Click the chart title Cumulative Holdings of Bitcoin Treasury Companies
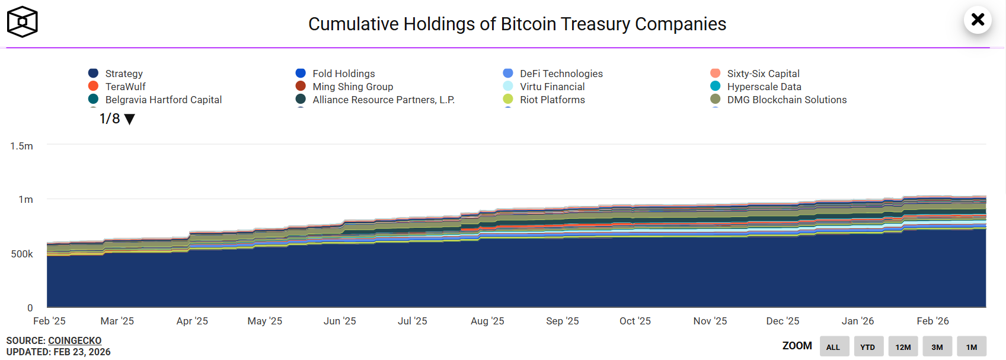pos(517,24)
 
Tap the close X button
pos(978,20)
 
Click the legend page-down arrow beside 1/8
pos(130,119)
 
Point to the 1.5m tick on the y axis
pos(22,146)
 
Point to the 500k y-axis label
pos(22,254)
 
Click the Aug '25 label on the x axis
pos(487,321)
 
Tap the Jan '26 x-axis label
pos(858,321)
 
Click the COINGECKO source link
pos(75,340)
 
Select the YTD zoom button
pos(868,347)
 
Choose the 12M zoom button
pos(903,347)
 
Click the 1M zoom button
pos(972,347)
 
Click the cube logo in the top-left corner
pos(23,22)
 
